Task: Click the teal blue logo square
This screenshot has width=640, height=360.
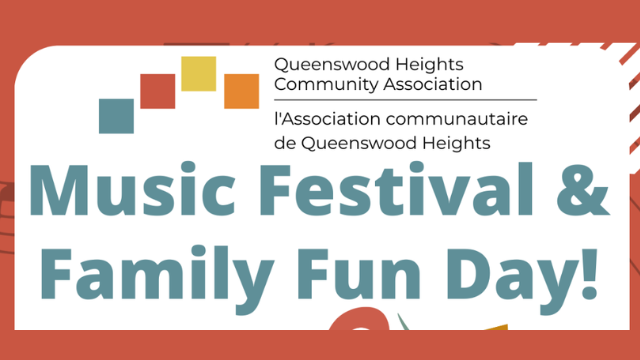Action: coord(116,116)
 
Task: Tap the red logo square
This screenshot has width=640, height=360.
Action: coord(158,91)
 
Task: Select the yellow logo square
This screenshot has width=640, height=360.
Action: coord(198,73)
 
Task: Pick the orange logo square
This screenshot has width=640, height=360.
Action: coord(241,91)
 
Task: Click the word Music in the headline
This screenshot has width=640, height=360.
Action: coord(133,189)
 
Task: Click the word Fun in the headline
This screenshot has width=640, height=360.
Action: coord(359,274)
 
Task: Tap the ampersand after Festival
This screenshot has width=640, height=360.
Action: coord(582,189)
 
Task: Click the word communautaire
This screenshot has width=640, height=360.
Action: coord(457,119)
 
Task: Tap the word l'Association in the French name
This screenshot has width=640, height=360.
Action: coord(328,119)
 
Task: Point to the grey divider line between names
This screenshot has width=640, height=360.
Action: coord(405,100)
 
